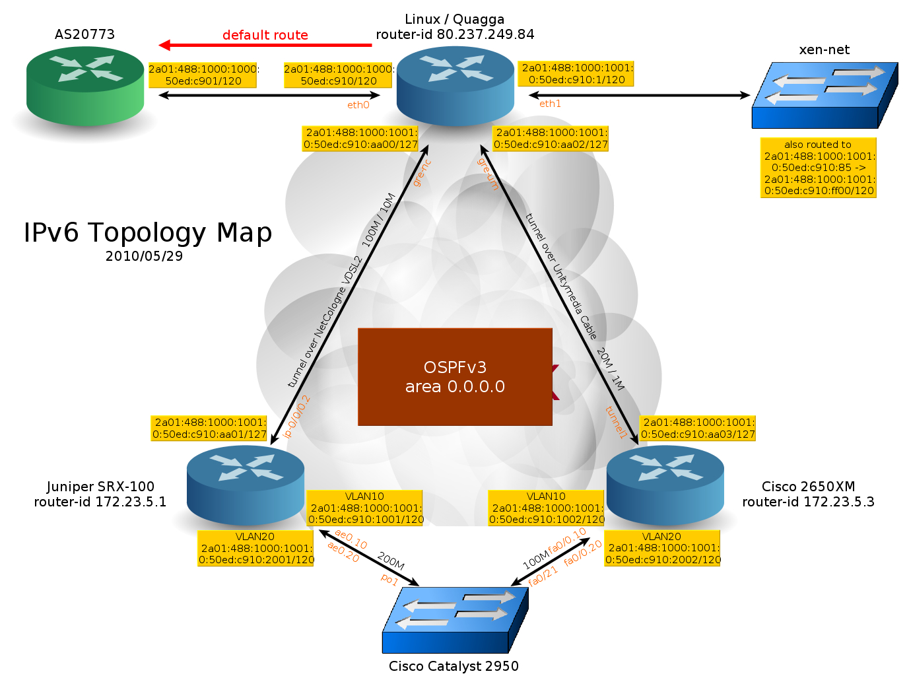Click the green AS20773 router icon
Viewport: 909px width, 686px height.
(x=85, y=86)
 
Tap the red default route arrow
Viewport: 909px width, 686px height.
(x=265, y=45)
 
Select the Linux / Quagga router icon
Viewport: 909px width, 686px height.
(x=455, y=86)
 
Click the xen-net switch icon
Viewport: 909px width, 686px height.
(x=825, y=95)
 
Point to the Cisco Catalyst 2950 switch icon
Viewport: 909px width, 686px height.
(x=455, y=620)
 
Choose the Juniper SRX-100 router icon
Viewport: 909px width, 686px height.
(x=246, y=486)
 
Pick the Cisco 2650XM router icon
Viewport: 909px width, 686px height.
(x=665, y=486)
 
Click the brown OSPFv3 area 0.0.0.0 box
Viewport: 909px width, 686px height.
(x=455, y=377)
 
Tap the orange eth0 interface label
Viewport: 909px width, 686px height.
(x=358, y=105)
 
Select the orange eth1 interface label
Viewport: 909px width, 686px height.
(x=550, y=104)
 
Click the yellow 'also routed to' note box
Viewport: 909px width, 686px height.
(x=819, y=168)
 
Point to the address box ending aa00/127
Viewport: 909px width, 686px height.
(x=360, y=139)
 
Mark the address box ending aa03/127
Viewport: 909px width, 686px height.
(x=698, y=429)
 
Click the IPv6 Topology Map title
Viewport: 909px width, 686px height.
(x=148, y=232)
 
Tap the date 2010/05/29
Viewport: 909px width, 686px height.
(x=144, y=256)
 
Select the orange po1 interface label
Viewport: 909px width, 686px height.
(x=389, y=580)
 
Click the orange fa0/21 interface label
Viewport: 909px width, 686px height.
(x=543, y=576)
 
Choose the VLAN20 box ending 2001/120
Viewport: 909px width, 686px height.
(x=255, y=549)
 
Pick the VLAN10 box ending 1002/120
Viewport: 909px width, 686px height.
(x=546, y=508)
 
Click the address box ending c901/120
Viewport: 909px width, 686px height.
(x=203, y=75)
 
